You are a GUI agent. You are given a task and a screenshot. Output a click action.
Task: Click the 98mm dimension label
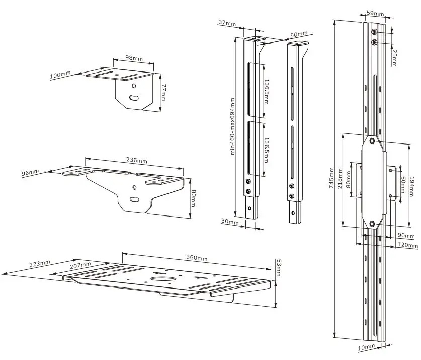133,59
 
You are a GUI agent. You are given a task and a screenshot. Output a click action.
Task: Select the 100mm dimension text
60,75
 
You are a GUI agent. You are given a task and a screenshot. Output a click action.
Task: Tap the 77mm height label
164,93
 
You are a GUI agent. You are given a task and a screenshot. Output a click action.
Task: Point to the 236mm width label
137,161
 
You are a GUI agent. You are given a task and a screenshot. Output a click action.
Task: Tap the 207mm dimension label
80,265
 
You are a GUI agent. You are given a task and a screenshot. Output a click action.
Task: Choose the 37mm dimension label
227,23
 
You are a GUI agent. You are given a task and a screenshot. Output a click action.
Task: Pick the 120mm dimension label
407,245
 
